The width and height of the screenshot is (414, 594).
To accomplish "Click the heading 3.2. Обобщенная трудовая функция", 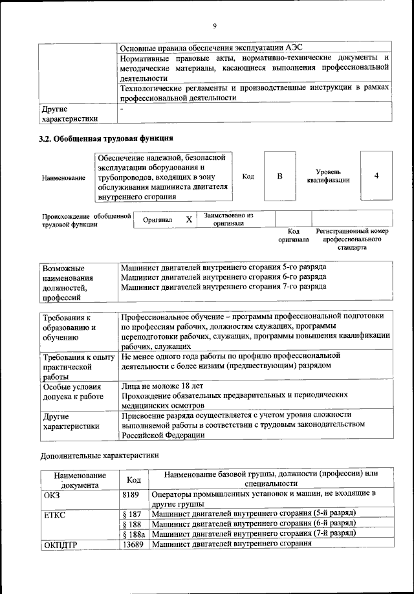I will pos(106,138).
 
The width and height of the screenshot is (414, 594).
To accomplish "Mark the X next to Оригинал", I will pos(189,219).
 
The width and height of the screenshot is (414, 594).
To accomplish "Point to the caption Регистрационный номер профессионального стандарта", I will pos(352,239).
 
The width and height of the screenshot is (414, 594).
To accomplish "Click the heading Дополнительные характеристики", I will pos(100,455).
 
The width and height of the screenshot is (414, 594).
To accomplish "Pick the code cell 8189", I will pos(131,494).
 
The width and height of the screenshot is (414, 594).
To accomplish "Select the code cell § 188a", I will pos(133,533).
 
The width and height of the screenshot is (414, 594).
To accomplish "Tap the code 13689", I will pos(133,544).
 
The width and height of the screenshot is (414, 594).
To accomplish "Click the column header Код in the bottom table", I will pos(133,479).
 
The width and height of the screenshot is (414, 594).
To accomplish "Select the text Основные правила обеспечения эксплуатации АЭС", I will pos(211,48).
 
